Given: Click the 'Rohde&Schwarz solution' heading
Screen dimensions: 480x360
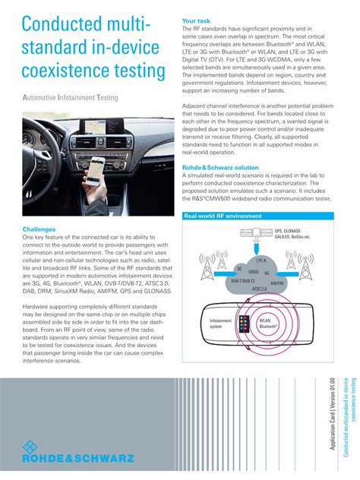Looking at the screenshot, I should (x=220, y=167).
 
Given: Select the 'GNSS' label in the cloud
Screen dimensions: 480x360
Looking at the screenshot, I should (x=254, y=271).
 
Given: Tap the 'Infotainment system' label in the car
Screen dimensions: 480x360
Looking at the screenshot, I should (x=220, y=324).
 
